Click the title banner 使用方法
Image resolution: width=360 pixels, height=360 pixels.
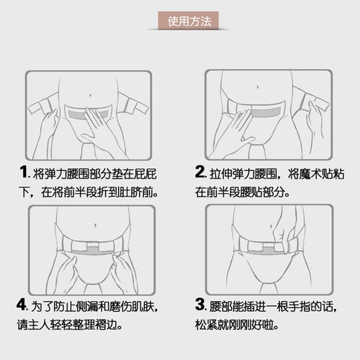coord(189,21)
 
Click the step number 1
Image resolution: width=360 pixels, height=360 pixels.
coord(24,172)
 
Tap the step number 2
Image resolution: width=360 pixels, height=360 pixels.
coord(199,171)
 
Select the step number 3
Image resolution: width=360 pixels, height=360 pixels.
coord(199,304)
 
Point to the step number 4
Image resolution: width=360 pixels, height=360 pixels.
coord(22,304)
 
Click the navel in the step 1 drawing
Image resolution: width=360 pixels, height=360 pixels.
coord(90,96)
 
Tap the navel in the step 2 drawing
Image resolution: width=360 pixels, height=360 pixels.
coord(258,87)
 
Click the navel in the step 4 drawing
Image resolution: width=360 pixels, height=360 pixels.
coord(95,225)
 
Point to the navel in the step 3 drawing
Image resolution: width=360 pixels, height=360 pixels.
coord(271,226)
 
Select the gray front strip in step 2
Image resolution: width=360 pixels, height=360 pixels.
coord(266,112)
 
